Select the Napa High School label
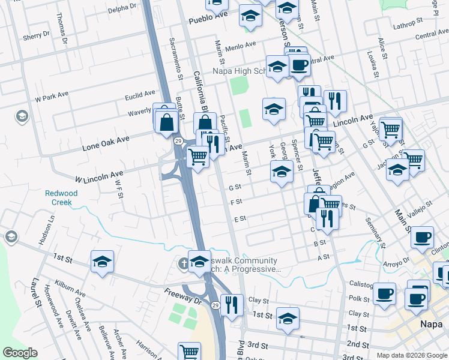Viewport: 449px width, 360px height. [240, 71]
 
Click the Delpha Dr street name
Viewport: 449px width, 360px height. [123, 10]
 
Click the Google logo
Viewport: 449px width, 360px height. [20, 353]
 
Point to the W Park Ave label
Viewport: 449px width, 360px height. [53, 97]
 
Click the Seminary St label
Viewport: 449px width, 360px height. [376, 231]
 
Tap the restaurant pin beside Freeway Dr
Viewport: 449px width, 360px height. [231, 304]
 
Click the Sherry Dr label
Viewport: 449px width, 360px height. [32, 37]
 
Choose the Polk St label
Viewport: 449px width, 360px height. [359, 298]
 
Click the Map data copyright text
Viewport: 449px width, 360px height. [411, 355]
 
